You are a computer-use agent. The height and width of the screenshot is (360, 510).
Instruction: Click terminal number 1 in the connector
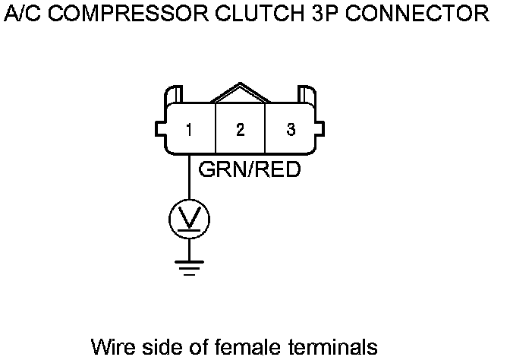coord(189,130)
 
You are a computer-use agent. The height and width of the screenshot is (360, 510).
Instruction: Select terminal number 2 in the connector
coord(241,130)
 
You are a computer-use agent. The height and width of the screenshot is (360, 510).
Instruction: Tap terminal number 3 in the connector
coord(291,129)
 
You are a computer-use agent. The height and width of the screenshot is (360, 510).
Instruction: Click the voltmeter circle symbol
coord(189,219)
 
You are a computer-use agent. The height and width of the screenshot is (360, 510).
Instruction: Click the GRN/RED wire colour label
coord(250,169)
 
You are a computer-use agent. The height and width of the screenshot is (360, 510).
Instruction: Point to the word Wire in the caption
coord(109,346)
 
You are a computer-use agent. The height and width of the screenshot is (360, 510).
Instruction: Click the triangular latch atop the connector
coord(241,93)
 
